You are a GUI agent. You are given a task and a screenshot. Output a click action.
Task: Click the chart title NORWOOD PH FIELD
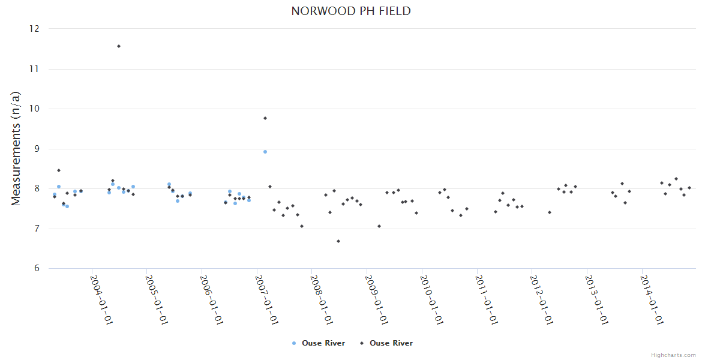[x=351, y=11]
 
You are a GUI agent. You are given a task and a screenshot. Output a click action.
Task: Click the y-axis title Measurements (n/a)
[x=16, y=148]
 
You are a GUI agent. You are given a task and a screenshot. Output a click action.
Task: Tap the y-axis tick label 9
[x=37, y=149]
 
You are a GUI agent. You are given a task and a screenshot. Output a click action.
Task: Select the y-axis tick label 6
[x=37, y=268]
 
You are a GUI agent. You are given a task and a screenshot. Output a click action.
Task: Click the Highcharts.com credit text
[x=674, y=355]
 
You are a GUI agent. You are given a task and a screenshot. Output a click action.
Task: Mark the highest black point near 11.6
[x=119, y=46]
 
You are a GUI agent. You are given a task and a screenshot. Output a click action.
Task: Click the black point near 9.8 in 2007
[x=265, y=118]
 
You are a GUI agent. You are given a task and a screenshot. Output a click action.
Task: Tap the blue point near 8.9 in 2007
[x=265, y=152]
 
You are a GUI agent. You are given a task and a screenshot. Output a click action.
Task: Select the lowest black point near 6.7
[x=338, y=241]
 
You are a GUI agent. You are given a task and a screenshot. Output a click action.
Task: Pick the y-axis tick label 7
[x=37, y=229]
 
